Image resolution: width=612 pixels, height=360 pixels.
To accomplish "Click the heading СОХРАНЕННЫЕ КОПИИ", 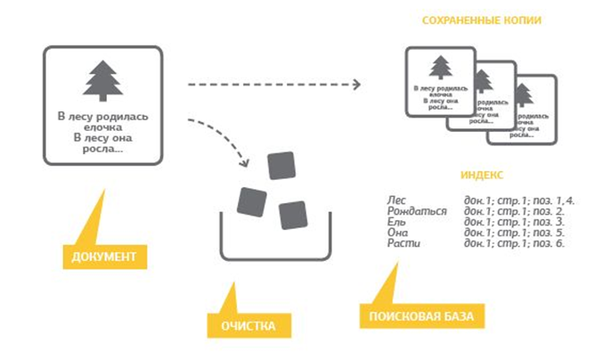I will (x=470, y=20).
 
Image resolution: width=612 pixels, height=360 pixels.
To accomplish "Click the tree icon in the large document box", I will (x=102, y=82).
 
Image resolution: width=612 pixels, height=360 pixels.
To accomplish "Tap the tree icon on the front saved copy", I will (x=438, y=68).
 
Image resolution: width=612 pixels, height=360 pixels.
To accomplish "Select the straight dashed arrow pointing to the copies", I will (x=272, y=86).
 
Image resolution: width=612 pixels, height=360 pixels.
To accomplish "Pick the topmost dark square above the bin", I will (x=283, y=166).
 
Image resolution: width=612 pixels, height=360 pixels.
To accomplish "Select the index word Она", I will (x=398, y=233).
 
